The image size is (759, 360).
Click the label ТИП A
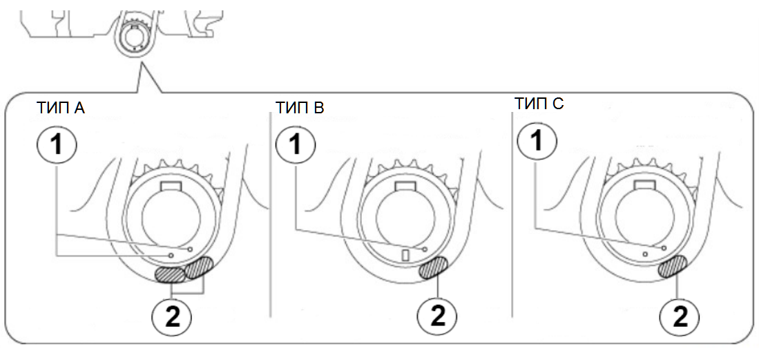tap(61, 108)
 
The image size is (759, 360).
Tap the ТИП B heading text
tap(300, 108)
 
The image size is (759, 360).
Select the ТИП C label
tap(539, 104)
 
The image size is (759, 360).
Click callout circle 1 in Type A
tap(57, 144)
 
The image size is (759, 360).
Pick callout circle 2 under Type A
tap(172, 318)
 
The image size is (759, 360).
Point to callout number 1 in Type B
tap(296, 144)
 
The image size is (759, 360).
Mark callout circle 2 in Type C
tap(680, 318)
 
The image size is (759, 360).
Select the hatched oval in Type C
tap(673, 267)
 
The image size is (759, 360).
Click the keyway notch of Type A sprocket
tap(171, 186)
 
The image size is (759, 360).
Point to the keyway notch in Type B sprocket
tap(405, 186)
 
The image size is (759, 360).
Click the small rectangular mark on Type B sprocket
tap(406, 255)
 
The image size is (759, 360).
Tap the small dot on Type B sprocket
tap(425, 249)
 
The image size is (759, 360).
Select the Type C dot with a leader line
tap(664, 247)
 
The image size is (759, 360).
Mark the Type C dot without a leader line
tap(645, 254)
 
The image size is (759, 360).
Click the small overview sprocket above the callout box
tap(134, 39)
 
